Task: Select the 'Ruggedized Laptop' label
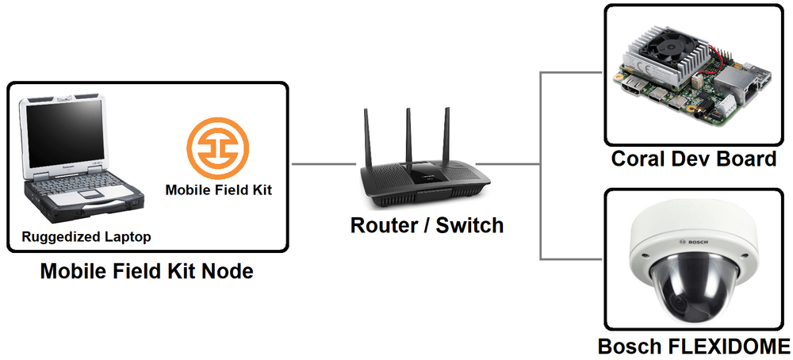pos(86,236)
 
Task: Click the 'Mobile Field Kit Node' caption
pos(147,272)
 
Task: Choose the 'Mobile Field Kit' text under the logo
pos(217,190)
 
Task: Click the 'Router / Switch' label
pos(427,225)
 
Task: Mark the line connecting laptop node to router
pos(324,164)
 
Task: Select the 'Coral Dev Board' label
pos(693,159)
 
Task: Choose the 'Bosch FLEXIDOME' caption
pos(693,346)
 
